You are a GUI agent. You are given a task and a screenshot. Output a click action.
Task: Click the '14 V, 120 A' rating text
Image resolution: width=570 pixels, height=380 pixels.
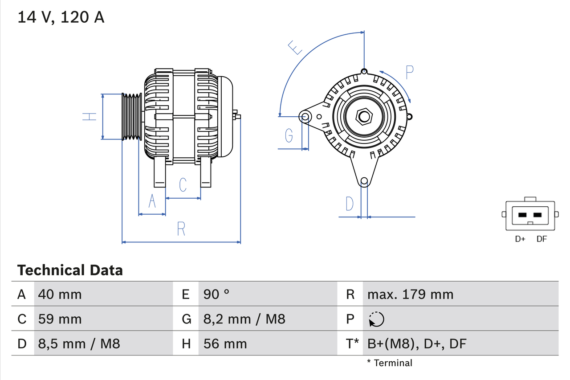click(61, 17)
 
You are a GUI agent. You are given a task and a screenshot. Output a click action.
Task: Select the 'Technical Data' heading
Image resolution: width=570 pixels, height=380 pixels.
click(70, 270)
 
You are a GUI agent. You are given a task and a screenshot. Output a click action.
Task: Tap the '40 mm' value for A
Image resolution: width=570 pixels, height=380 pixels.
click(60, 294)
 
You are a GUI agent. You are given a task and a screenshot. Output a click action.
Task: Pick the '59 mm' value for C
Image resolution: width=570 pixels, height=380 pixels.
click(60, 319)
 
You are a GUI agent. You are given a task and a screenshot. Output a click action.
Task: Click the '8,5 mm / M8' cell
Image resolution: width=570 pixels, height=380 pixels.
click(79, 343)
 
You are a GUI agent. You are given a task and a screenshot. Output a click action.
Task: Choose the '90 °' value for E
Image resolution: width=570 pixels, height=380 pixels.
click(216, 294)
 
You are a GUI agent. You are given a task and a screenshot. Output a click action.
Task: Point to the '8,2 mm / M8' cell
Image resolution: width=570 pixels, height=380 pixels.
click(244, 319)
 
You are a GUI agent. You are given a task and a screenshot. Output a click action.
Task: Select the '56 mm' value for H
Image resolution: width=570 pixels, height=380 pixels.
click(225, 343)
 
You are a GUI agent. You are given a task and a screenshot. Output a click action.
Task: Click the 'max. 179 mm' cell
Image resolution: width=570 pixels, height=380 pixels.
click(410, 294)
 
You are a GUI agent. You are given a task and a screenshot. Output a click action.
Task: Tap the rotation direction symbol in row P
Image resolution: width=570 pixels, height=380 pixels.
click(376, 319)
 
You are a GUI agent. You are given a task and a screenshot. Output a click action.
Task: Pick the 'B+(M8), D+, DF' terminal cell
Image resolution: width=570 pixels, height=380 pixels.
click(416, 343)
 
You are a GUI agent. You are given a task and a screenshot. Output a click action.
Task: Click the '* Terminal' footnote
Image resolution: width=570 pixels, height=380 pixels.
click(390, 363)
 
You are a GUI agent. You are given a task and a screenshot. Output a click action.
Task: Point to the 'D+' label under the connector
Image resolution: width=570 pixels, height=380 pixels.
click(520, 239)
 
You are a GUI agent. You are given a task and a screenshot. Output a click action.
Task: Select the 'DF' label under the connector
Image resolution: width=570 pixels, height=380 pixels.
click(541, 239)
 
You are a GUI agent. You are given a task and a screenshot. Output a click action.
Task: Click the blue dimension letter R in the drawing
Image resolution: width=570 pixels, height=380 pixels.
click(181, 229)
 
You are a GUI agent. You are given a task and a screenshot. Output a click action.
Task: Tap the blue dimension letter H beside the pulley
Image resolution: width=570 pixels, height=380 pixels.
click(90, 117)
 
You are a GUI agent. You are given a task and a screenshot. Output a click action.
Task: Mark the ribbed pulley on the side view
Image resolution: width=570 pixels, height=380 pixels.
click(132, 117)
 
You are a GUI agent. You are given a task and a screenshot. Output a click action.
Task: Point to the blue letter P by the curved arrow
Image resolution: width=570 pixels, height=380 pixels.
click(410, 72)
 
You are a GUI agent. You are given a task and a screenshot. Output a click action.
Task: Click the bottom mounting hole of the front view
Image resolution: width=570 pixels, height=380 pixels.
click(364, 181)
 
